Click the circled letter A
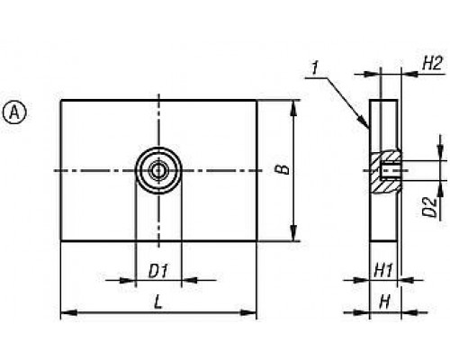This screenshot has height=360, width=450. [14, 112]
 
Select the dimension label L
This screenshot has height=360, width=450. [157, 301]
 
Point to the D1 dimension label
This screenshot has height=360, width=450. [158, 271]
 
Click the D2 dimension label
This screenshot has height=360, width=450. [429, 207]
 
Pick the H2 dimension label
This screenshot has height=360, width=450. [432, 64]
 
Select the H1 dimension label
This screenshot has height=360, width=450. [383, 271]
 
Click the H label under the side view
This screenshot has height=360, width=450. [384, 302]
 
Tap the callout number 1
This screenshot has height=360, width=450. [315, 68]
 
